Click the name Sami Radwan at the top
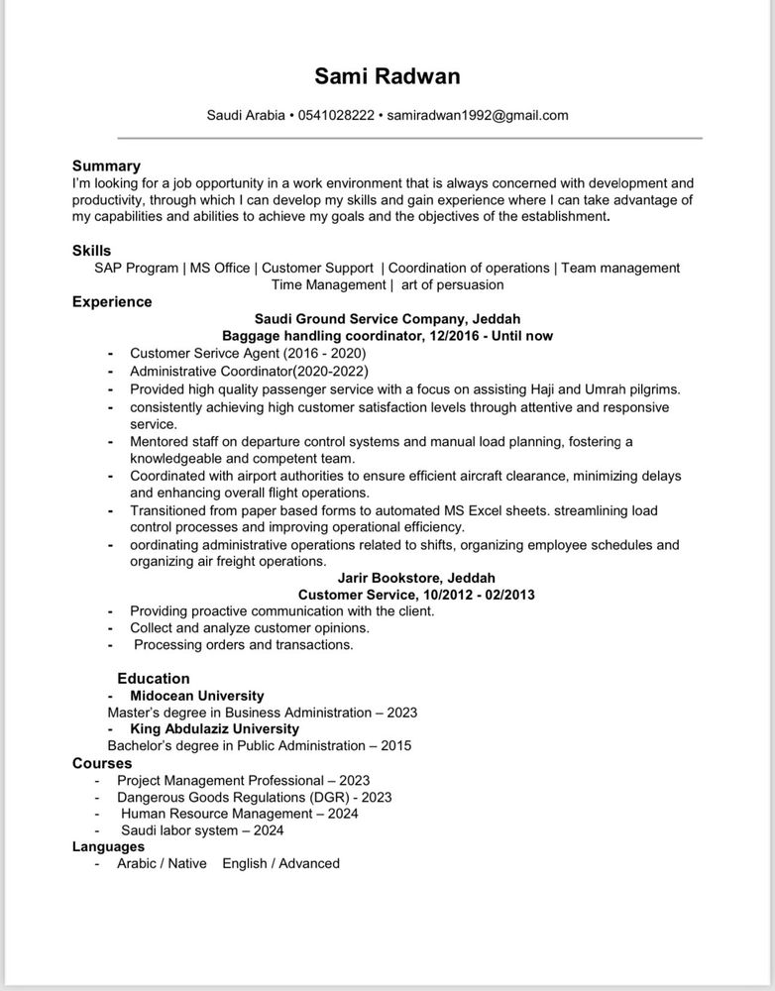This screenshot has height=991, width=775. click(387, 76)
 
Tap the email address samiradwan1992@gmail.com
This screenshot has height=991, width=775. click(478, 115)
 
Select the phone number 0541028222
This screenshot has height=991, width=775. click(336, 115)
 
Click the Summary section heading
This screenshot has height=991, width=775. click(106, 165)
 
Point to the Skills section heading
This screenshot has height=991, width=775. click(91, 251)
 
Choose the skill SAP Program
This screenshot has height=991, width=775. click(137, 268)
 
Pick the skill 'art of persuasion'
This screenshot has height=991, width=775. click(453, 284)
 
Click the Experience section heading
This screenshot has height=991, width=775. click(112, 301)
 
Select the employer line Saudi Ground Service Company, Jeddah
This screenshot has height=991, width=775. click(387, 319)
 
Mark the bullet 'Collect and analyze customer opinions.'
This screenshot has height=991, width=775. click(250, 628)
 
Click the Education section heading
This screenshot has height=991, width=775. click(154, 679)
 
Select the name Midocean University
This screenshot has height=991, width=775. click(204, 696)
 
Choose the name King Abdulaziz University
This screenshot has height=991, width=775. click(221, 728)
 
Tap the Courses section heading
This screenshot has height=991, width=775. click(102, 763)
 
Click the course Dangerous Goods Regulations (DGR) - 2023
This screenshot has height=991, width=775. click(255, 797)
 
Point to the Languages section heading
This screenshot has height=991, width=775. click(108, 846)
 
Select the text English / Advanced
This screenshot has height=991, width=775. click(280, 863)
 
